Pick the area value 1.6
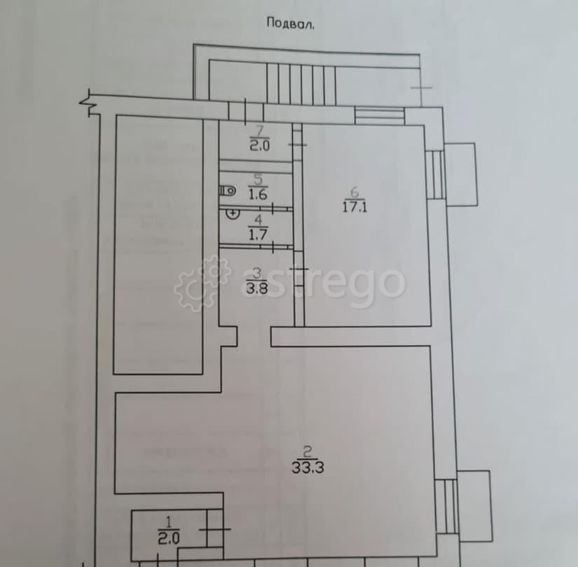point(258,195)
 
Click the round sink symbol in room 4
point(233,214)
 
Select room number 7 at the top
point(259,129)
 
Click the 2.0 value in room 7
point(259,146)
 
